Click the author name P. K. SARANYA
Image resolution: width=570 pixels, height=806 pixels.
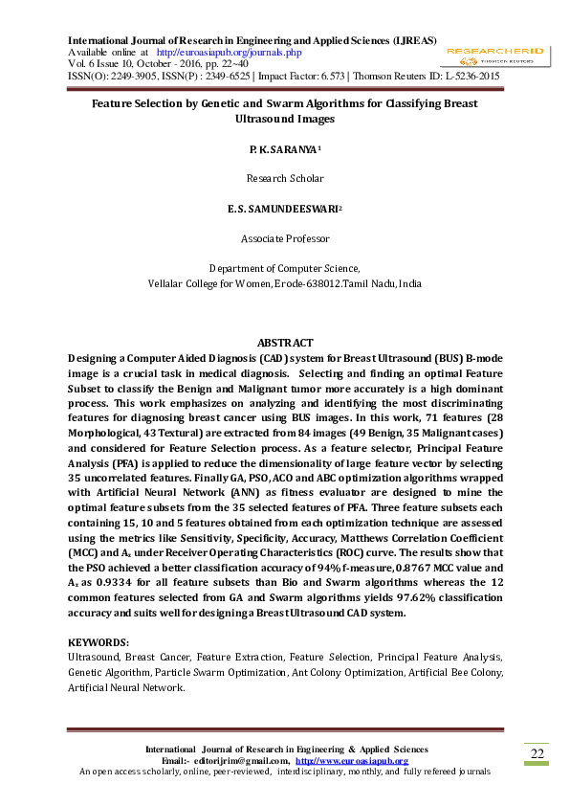[283, 150]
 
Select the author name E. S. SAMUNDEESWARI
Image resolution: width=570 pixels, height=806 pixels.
[283, 208]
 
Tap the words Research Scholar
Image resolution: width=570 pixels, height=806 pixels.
[285, 178]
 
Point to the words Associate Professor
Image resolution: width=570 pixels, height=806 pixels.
[285, 238]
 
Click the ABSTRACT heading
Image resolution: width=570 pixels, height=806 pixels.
[285, 343]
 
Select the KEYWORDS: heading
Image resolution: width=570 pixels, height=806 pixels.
[99, 642]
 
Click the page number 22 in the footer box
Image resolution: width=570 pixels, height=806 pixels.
[537, 755]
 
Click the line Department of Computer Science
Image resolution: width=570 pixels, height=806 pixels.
[284, 269]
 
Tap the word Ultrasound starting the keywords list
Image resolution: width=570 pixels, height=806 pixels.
[94, 658]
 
